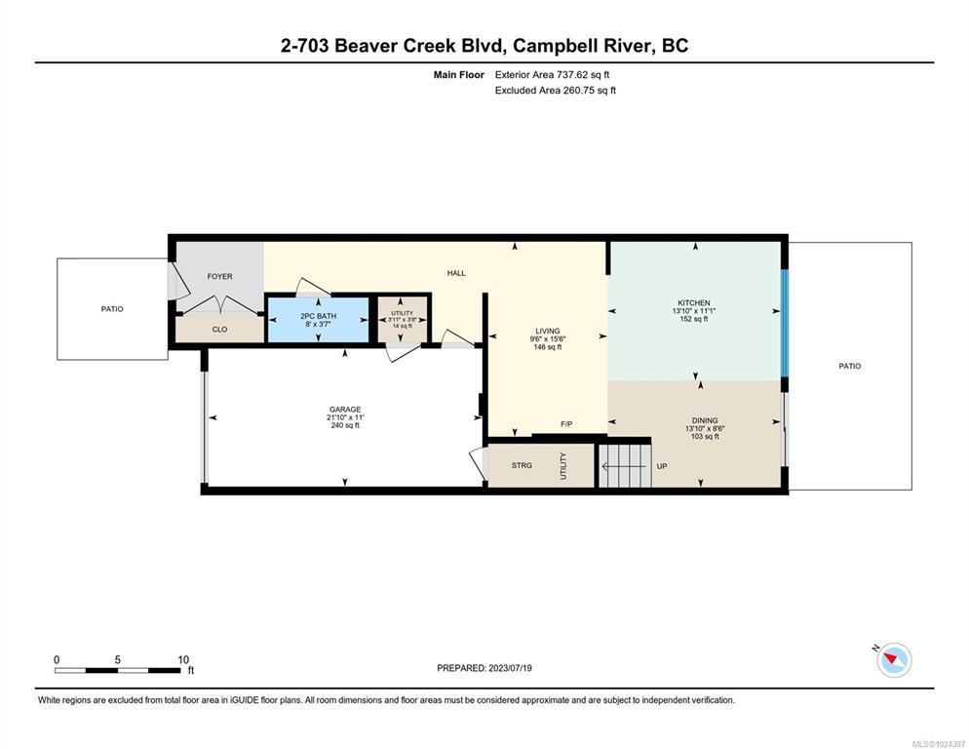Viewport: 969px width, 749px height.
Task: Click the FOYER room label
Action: (219, 276)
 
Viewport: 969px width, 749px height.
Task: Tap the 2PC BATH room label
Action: (318, 316)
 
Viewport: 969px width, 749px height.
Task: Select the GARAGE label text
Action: (345, 410)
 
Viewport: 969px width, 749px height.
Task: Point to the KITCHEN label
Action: (693, 303)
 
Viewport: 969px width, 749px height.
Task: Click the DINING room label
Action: (705, 420)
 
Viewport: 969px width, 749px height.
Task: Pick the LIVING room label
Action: (548, 331)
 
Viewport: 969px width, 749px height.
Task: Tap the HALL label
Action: (456, 273)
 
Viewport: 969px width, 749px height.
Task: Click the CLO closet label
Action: (219, 330)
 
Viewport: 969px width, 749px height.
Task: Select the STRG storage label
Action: (522, 465)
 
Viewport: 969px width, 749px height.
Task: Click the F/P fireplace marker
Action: (566, 423)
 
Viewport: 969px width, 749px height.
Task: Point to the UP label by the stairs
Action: (662, 466)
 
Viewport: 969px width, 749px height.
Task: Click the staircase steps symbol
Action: (625, 466)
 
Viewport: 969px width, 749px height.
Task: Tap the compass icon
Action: (894, 660)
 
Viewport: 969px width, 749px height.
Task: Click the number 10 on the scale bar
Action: (183, 659)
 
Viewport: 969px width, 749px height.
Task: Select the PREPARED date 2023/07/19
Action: (510, 668)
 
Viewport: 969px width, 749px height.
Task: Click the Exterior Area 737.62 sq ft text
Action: (552, 75)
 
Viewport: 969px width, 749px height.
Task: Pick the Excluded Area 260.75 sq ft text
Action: (555, 91)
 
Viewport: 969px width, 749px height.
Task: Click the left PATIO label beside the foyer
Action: (112, 308)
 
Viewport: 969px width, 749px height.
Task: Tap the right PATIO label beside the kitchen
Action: (850, 366)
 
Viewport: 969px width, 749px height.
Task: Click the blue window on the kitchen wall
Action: (785, 323)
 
